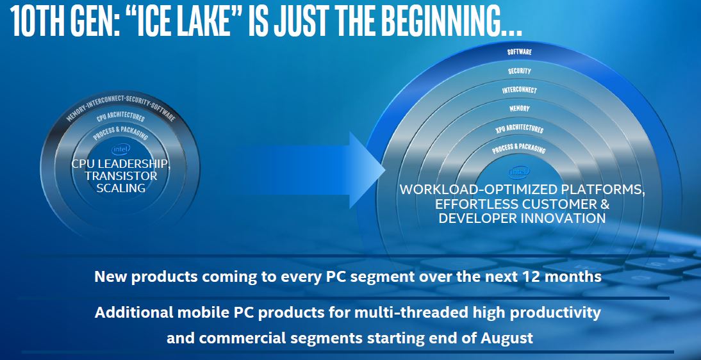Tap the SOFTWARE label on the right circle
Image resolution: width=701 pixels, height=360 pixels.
click(x=520, y=52)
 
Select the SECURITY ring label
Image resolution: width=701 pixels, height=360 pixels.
click(x=520, y=71)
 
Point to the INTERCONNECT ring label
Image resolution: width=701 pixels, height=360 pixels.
click(x=520, y=90)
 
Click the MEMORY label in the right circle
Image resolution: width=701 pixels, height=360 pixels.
click(x=520, y=109)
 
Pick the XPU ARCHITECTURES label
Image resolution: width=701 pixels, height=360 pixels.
click(x=520, y=129)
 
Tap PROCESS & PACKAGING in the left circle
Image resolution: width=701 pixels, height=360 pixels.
click(x=120, y=133)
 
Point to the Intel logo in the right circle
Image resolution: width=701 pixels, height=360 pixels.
click(x=519, y=172)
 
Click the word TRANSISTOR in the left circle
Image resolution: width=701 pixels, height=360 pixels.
click(x=121, y=176)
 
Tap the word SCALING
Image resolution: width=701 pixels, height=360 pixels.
click(x=121, y=188)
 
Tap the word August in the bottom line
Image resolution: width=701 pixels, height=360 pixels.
click(x=507, y=338)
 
